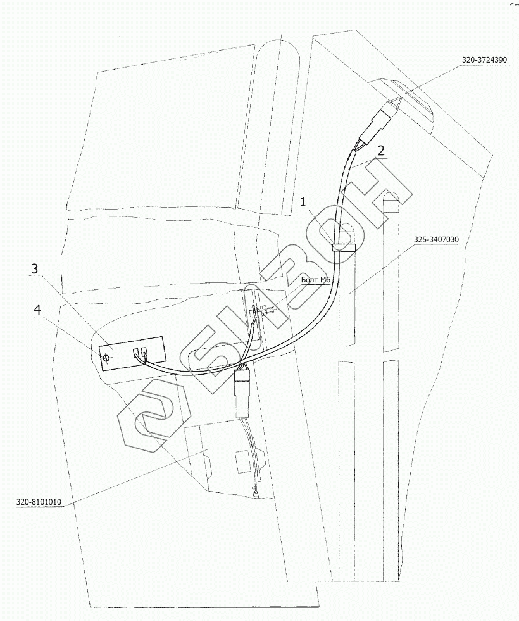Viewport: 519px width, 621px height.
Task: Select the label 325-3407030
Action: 437,240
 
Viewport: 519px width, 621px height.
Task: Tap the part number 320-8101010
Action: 39,502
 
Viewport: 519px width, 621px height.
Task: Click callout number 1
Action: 304,202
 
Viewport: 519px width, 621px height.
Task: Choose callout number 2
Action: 380,150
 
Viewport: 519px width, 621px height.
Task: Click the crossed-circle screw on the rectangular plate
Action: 106,358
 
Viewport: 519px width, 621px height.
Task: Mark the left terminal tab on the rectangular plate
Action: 135,355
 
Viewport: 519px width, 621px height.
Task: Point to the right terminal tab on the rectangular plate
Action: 145,355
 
